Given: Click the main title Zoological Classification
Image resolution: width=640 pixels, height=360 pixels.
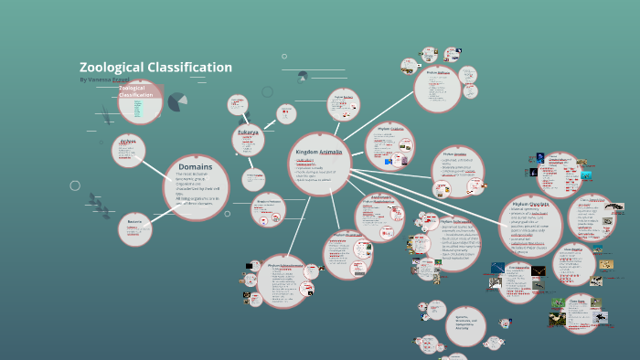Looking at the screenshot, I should pos(155,68).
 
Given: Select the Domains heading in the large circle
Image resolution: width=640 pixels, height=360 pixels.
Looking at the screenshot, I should pos(196,167).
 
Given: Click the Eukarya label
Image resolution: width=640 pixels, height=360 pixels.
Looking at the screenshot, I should pos(248,132).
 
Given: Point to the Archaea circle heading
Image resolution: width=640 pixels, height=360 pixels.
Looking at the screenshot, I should pos(128,141).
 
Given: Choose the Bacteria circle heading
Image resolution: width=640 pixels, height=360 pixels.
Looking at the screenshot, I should pos(134,221).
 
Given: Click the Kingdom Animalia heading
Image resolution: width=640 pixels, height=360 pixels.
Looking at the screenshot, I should pos(318,152).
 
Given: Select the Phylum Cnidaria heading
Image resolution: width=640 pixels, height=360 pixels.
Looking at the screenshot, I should pos(390,130).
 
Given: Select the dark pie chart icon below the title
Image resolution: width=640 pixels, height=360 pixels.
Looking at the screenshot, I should pos(177,101).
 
